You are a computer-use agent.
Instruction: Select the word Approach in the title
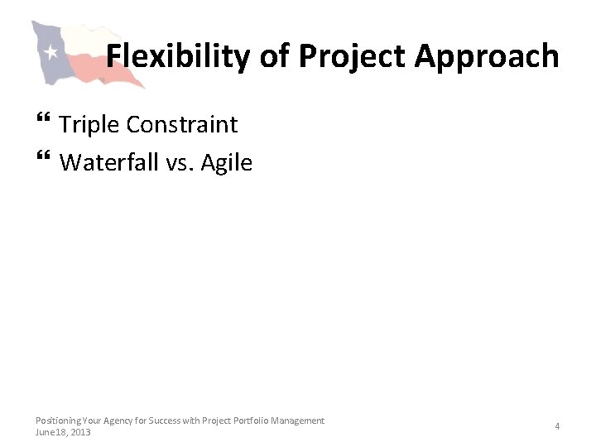(x=487, y=56)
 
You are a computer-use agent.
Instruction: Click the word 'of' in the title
(x=275, y=56)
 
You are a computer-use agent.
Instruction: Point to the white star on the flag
(x=50, y=52)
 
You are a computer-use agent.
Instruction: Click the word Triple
(x=89, y=124)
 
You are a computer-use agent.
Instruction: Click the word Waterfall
(x=108, y=162)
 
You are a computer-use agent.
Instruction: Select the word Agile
(x=227, y=162)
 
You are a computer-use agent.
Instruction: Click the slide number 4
(x=557, y=426)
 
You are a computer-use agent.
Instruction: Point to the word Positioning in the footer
(x=59, y=421)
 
